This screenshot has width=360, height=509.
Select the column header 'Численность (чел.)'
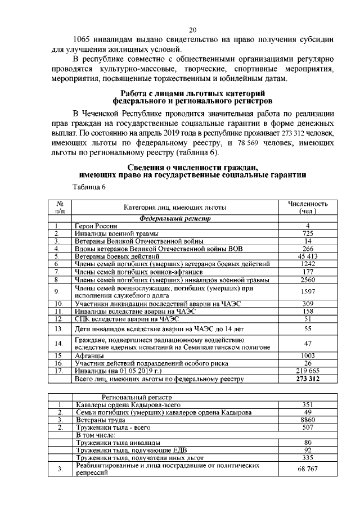[308, 208]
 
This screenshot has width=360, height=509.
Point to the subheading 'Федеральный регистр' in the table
[175, 218]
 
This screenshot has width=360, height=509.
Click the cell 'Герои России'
[95, 226]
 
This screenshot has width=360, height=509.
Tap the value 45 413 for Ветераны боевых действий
[308, 256]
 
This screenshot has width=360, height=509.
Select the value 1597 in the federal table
[308, 291]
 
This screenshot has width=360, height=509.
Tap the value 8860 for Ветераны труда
[308, 420]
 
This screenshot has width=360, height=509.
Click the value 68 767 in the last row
[308, 469]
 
